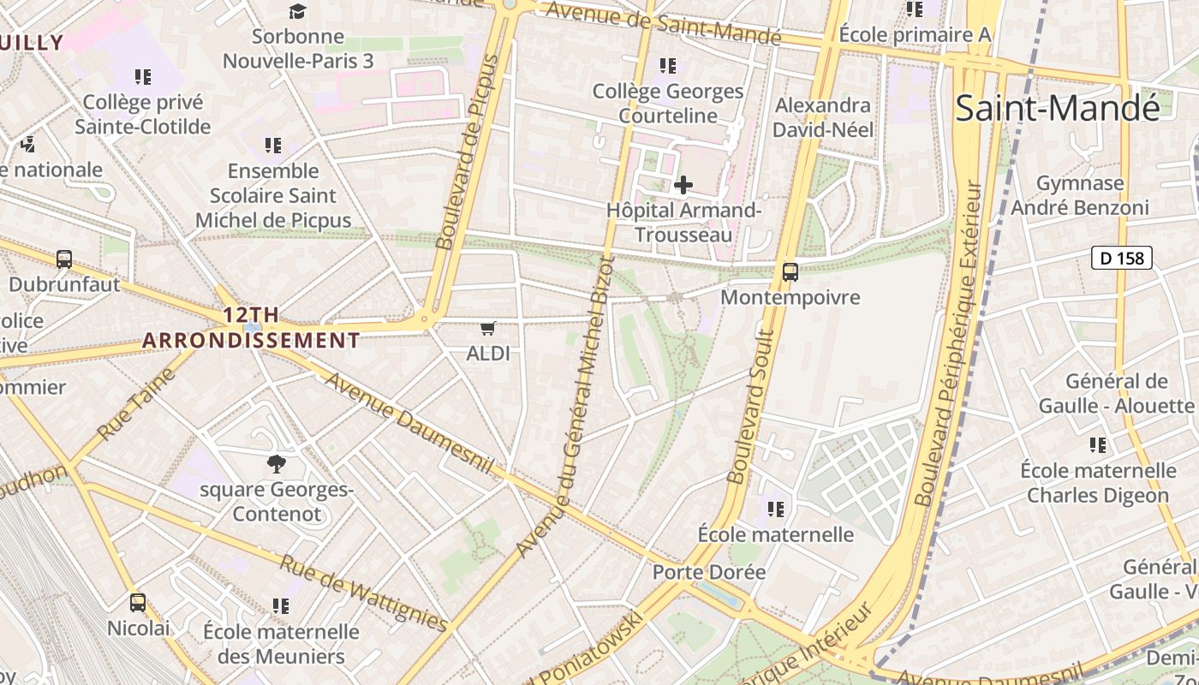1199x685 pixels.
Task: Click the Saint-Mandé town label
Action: (1058, 108)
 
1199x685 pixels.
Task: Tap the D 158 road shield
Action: (1122, 257)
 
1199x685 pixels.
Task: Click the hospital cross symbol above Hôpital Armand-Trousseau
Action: (683, 184)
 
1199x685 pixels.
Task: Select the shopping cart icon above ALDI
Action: (488, 328)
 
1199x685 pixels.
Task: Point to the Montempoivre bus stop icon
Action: (790, 272)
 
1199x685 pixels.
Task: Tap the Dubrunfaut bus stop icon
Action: (64, 259)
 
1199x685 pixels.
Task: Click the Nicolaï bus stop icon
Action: (138, 603)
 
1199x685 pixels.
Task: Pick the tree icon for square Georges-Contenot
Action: (276, 464)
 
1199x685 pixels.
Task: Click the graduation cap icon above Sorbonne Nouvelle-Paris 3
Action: (296, 11)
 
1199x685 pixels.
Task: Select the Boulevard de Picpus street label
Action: (468, 152)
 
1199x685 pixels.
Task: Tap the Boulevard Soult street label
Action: (751, 407)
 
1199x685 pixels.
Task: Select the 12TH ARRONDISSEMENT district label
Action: (251, 328)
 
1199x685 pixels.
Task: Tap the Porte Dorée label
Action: (709, 572)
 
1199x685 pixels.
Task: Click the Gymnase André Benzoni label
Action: (1079, 195)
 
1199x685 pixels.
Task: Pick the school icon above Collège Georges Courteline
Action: (668, 65)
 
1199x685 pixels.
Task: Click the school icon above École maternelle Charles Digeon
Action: (1097, 445)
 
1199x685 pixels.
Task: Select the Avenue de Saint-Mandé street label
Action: (663, 23)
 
